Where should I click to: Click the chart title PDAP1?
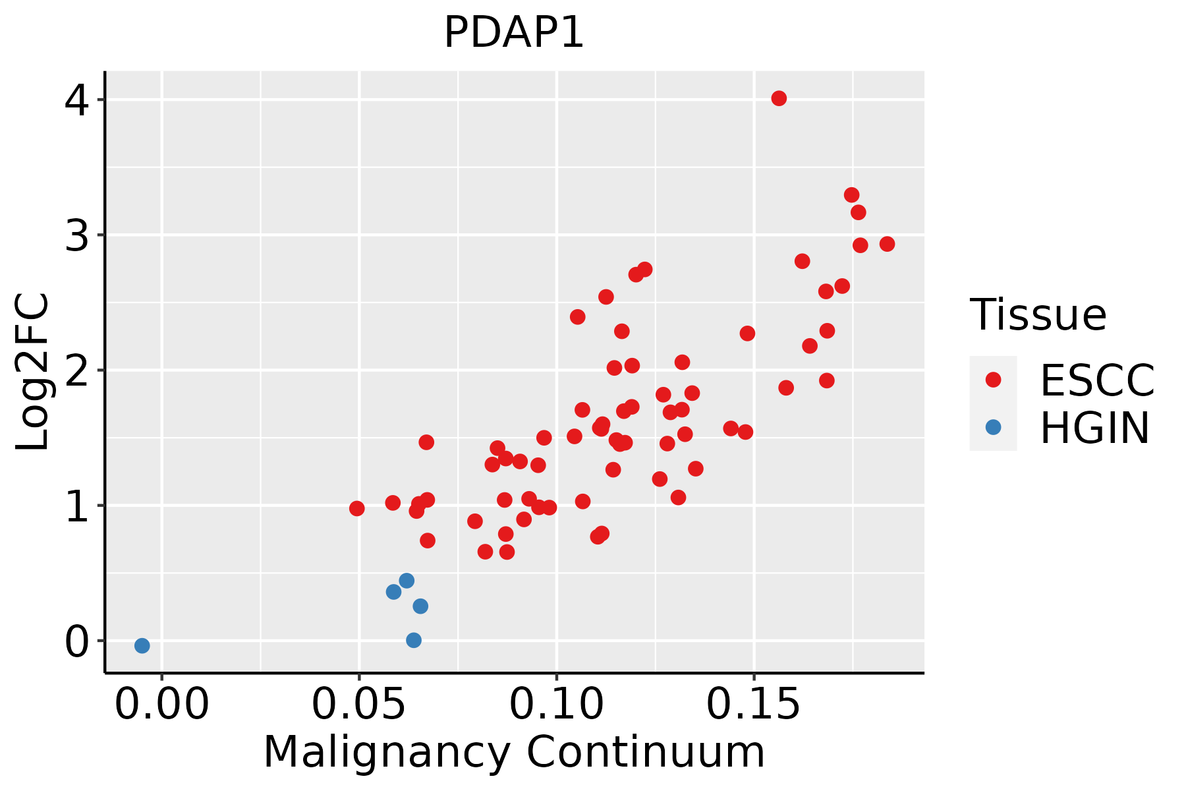[514, 33]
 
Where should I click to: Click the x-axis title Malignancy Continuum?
[514, 752]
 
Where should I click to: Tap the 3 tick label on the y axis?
[76, 235]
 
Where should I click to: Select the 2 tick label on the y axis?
[76, 370]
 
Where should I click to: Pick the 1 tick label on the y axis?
[76, 506]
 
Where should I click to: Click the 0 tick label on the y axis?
[76, 641]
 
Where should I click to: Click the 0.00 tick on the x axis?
[161, 705]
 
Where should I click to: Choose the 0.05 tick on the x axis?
[359, 705]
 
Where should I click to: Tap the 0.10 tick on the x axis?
[557, 705]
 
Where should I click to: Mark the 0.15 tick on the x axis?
[754, 705]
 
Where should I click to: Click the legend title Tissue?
[1038, 315]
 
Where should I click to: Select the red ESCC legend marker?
[993, 380]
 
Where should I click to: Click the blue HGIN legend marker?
[993, 427]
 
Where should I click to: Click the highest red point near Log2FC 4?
[779, 98]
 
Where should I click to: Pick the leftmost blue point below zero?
[142, 645]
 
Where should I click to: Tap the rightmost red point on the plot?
[887, 244]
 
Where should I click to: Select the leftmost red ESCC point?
[356, 508]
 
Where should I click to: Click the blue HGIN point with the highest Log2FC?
[407, 580]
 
